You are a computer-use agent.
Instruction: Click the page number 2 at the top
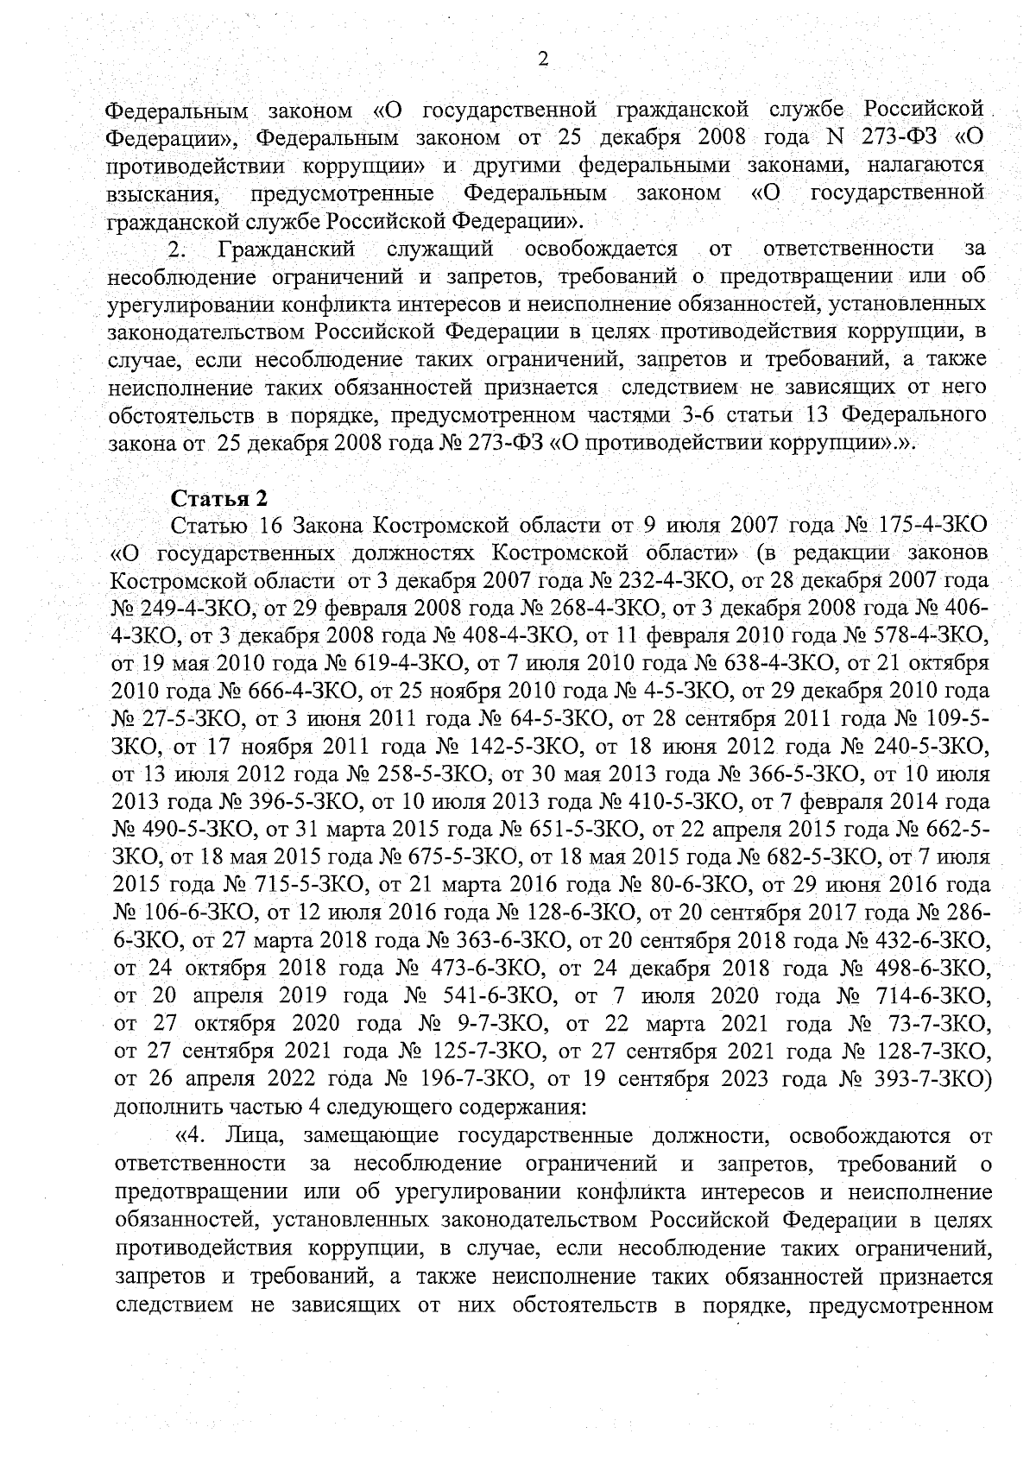point(543,58)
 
